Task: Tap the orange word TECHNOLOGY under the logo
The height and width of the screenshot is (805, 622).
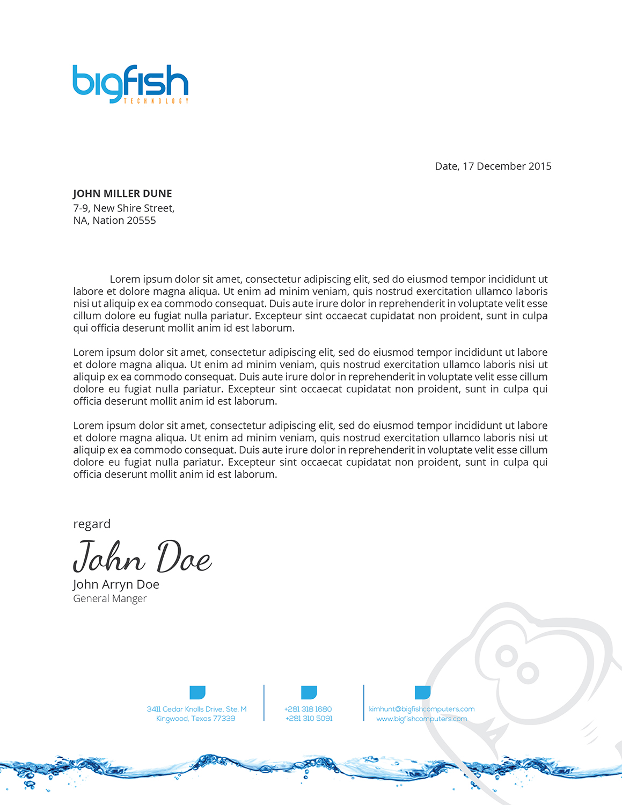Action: (x=156, y=101)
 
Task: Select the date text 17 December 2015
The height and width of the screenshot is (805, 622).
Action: (x=507, y=166)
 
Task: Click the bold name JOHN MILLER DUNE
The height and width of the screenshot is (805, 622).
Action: (x=122, y=194)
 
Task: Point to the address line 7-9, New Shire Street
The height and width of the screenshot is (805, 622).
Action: (x=123, y=208)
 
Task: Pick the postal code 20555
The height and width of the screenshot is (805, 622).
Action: (x=138, y=221)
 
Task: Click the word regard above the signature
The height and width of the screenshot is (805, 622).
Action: (x=92, y=524)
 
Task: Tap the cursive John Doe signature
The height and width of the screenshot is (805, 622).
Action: (x=142, y=557)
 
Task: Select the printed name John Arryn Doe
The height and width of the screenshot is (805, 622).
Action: (x=116, y=584)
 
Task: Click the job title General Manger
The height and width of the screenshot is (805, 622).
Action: (x=109, y=598)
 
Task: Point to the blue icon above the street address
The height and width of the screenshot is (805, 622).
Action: (x=197, y=692)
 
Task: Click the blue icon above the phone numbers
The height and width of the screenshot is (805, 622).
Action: (x=309, y=692)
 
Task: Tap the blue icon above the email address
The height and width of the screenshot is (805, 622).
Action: (x=422, y=692)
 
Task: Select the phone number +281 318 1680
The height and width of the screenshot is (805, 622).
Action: (x=308, y=709)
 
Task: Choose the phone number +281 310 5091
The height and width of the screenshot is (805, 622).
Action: (x=309, y=719)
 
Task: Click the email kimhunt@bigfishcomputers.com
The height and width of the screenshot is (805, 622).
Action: (x=422, y=709)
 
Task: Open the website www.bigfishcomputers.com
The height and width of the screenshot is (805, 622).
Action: (x=422, y=719)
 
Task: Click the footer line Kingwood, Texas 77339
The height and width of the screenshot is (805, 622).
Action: (x=196, y=719)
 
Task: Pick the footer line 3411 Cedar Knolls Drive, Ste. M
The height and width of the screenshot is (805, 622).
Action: (x=196, y=709)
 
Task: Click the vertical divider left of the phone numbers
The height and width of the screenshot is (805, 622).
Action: (x=264, y=702)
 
